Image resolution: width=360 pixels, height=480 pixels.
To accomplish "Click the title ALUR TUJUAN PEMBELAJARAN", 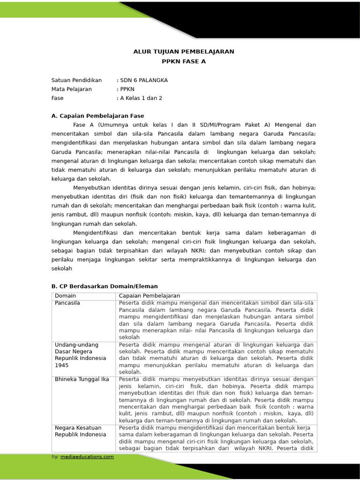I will tap(184, 52).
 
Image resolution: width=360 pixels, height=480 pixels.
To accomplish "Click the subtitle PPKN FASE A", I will tap(184, 61).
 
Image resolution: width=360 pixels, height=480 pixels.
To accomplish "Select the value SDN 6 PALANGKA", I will tap(143, 80).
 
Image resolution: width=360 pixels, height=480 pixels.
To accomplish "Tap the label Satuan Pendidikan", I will tap(76, 80).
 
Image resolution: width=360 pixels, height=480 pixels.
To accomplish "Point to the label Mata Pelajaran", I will tap(72, 89).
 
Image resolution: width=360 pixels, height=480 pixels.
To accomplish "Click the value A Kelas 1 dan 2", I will tap(141, 98).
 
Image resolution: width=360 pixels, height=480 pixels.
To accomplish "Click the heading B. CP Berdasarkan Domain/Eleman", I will tap(105, 286).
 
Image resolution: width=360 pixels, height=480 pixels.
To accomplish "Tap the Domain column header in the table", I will tap(65, 296).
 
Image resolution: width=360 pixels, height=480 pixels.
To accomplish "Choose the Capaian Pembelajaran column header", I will tap(150, 296).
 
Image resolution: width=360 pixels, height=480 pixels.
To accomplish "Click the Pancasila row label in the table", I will tap(67, 303).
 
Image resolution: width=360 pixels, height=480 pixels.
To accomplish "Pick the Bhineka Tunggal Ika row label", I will tap(82, 379).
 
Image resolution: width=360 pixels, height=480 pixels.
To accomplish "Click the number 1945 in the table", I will tap(62, 365).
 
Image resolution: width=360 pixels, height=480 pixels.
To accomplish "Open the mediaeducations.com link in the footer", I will tap(87, 457).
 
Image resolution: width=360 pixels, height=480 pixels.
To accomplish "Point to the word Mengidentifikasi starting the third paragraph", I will tap(97, 232).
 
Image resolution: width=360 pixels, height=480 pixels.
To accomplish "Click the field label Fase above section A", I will tap(57, 98).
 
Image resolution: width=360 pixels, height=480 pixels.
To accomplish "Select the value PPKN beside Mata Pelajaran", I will tap(127, 89).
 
